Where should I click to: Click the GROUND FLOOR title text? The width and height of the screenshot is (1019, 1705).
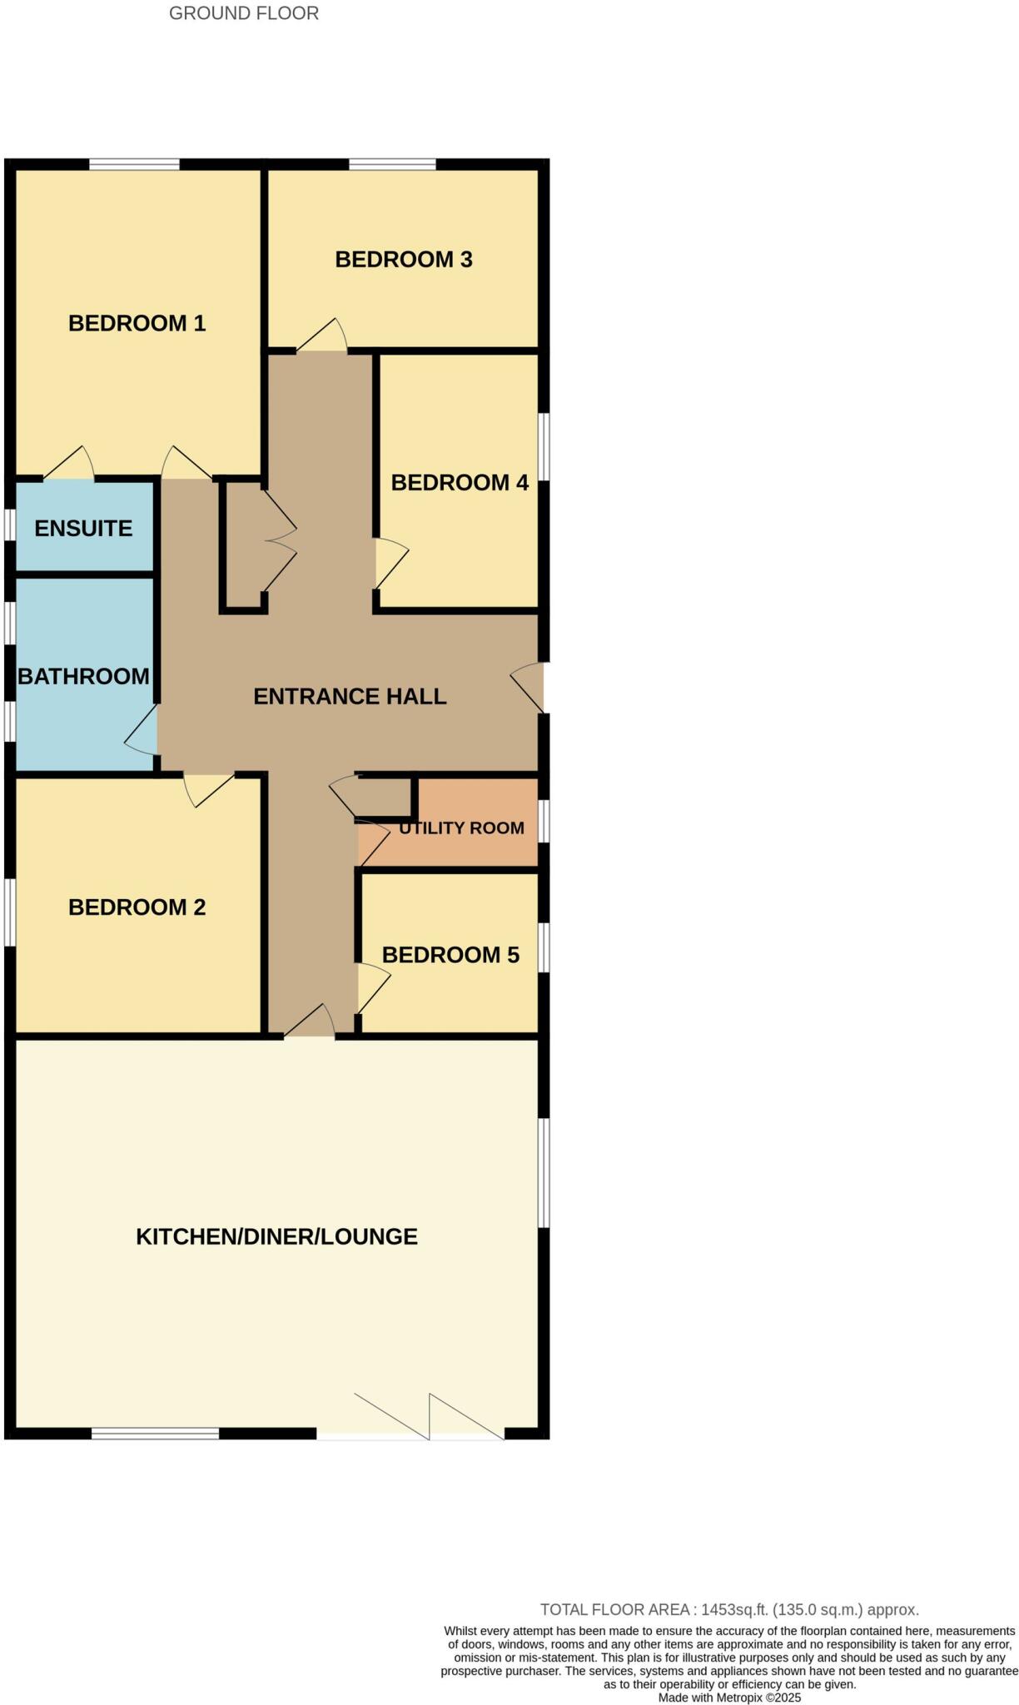point(243,13)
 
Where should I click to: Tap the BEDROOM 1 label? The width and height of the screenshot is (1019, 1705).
point(137,323)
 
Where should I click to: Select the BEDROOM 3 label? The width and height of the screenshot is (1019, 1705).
point(403,260)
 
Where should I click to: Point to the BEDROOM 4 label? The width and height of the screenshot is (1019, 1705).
point(460,483)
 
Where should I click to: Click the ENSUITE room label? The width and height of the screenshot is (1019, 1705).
point(83,529)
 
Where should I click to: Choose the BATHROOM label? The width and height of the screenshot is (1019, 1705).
point(83,676)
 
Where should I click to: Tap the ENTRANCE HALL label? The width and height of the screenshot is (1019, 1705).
point(350,697)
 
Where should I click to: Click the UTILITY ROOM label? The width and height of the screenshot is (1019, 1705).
point(461,828)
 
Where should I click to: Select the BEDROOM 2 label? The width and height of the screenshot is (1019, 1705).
point(137,907)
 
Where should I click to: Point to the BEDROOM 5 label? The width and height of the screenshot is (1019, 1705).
point(450,955)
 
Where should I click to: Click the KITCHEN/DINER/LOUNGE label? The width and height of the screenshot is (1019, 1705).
point(276,1237)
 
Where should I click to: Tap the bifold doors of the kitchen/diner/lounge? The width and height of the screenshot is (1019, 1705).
point(429,1415)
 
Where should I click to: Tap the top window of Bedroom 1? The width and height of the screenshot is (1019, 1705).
point(134,164)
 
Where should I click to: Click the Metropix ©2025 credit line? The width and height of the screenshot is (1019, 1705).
point(729,1698)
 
